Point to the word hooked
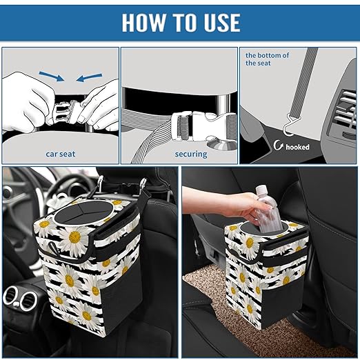(298, 147)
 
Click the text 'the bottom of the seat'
(268, 59)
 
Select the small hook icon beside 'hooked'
(279, 146)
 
